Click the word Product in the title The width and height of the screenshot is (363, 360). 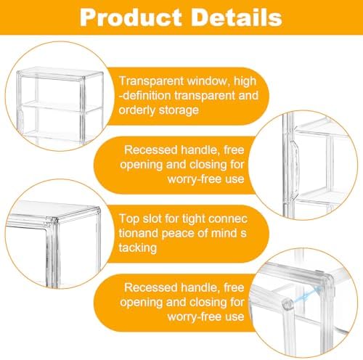pyautogui.click(x=131, y=18)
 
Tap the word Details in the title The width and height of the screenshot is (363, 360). pyautogui.click(x=238, y=17)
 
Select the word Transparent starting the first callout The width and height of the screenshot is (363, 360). pyautogui.click(x=152, y=81)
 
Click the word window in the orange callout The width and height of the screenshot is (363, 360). pyautogui.click(x=208, y=81)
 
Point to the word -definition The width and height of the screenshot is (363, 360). pyautogui.click(x=145, y=96)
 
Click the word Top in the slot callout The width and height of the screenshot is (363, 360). pyautogui.click(x=129, y=219)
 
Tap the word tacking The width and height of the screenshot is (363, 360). pyautogui.click(x=138, y=248)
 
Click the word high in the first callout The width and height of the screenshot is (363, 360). pyautogui.click(x=245, y=81)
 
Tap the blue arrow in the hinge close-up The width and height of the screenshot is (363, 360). pyautogui.click(x=306, y=295)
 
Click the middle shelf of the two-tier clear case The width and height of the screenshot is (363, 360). pyautogui.click(x=60, y=107)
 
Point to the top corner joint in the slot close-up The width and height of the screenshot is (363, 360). pyautogui.click(x=54, y=221)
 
